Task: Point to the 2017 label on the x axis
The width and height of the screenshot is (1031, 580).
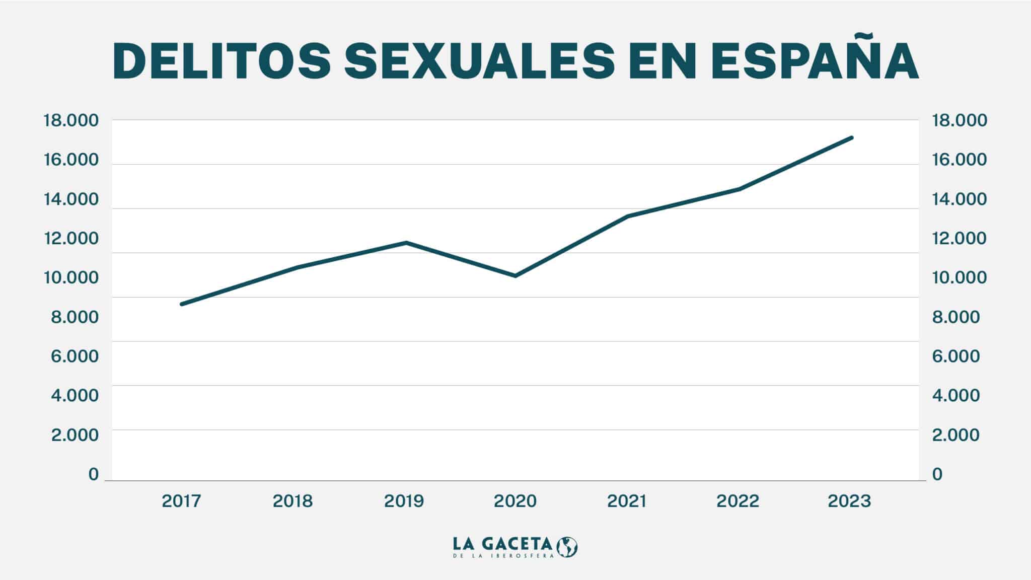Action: pyautogui.click(x=181, y=501)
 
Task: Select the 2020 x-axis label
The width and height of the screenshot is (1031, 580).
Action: pyautogui.click(x=515, y=501)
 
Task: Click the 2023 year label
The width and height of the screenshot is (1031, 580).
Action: pyautogui.click(x=849, y=501)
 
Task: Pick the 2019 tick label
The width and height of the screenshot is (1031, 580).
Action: pyautogui.click(x=404, y=501)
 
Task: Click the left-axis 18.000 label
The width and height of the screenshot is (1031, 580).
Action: pyautogui.click(x=70, y=121)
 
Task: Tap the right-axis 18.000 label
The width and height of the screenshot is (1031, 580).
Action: pyautogui.click(x=960, y=121)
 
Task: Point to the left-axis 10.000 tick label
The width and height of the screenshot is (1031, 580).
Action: pyautogui.click(x=70, y=277)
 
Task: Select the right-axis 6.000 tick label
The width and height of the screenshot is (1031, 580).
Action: pyautogui.click(x=956, y=356)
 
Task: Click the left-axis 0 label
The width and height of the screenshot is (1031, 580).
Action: pyautogui.click(x=93, y=474)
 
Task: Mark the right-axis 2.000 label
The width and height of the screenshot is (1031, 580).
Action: pyautogui.click(x=956, y=434)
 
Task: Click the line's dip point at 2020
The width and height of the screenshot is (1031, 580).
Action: pyautogui.click(x=515, y=276)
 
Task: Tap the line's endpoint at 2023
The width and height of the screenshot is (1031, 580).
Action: pyautogui.click(x=852, y=137)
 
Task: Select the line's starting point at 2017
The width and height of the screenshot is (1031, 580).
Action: pyautogui.click(x=182, y=304)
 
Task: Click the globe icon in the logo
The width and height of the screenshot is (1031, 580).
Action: pyautogui.click(x=568, y=547)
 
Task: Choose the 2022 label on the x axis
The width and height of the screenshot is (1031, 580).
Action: pyautogui.click(x=738, y=501)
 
